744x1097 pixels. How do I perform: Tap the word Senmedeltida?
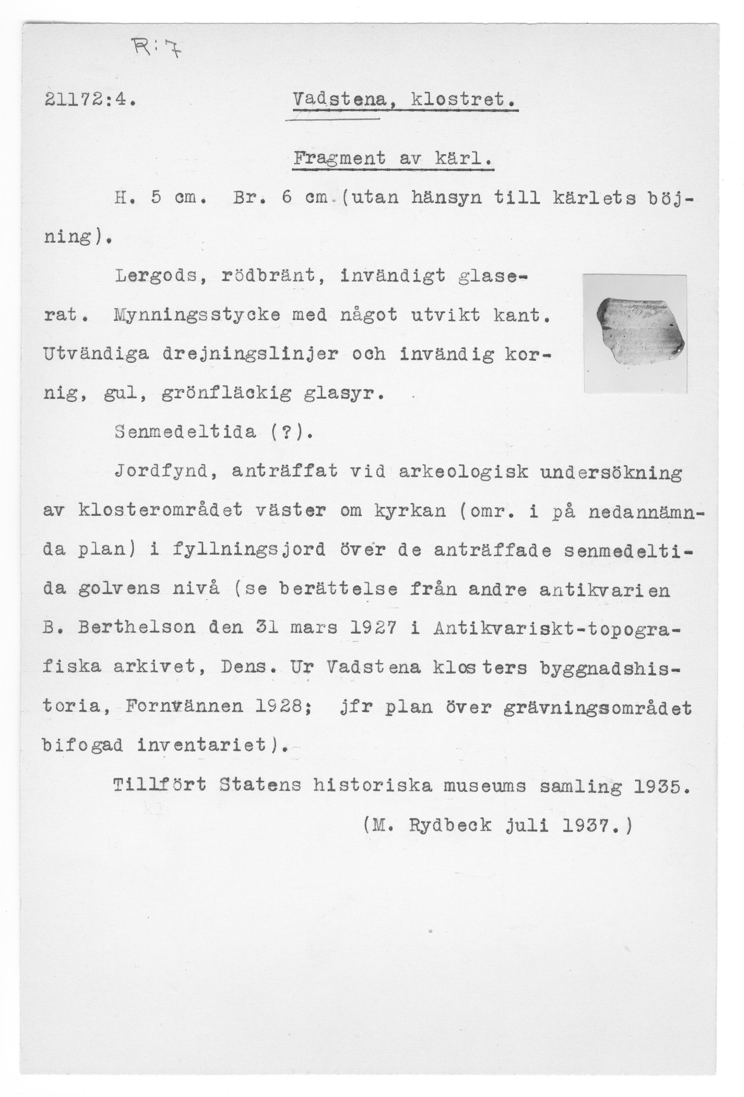click(186, 431)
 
